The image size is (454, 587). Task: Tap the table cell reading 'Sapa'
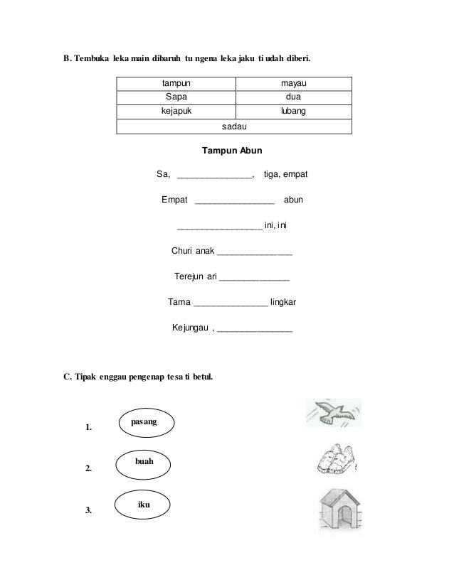coord(176,97)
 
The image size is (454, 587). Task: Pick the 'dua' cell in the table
coord(294,97)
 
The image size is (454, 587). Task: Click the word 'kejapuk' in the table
coord(176,112)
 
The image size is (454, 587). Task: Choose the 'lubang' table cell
coord(294,112)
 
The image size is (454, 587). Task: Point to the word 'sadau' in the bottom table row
coord(235,126)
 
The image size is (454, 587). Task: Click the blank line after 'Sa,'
coord(214,176)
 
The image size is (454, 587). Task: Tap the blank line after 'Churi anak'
coord(254,253)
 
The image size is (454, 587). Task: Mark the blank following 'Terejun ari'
coord(254,278)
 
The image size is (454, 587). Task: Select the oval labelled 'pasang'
coord(144,422)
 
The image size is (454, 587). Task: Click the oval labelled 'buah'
coord(144,463)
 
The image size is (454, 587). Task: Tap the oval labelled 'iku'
coord(144,504)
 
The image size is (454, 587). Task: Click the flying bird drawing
coord(330,413)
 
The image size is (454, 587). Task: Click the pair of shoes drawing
coord(334,461)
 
